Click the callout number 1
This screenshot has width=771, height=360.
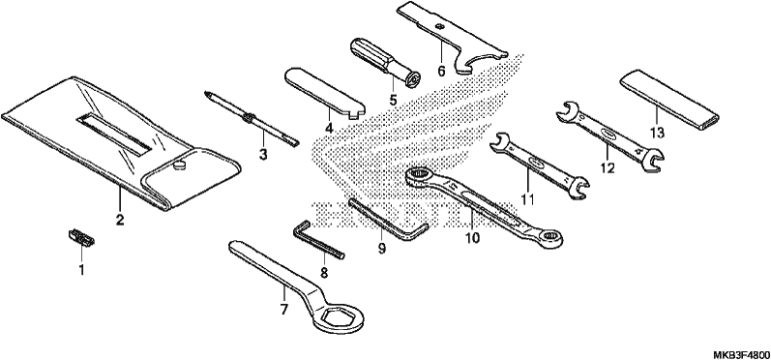point(81,269)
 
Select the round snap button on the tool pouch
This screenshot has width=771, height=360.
point(180,165)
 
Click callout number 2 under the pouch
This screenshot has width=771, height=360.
point(120,220)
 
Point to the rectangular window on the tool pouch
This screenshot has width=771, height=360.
point(113,134)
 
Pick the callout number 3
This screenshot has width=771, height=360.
point(263,155)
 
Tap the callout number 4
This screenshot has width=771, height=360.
point(329,129)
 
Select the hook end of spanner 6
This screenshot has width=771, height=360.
point(480,63)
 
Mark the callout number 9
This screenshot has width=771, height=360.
point(382,249)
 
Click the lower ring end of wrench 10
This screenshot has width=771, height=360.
point(549,237)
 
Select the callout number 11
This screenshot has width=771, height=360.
point(527,199)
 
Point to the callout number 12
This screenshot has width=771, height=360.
point(608,167)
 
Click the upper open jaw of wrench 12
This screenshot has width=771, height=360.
point(568,110)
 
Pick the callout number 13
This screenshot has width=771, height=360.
point(657,133)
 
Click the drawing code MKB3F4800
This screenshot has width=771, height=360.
point(742,354)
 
